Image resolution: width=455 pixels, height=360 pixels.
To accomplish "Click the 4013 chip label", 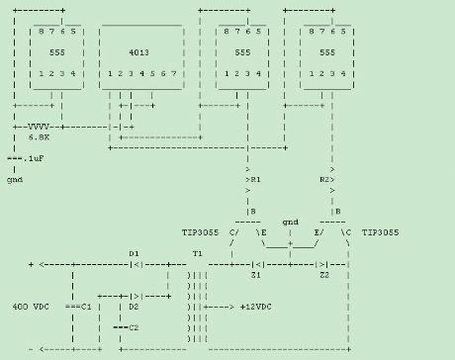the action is (x=139, y=51).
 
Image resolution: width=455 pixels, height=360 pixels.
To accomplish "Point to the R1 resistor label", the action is (x=256, y=182).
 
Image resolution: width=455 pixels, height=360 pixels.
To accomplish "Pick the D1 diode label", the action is (x=134, y=254).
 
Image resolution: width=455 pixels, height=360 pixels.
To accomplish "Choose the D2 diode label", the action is (x=134, y=307).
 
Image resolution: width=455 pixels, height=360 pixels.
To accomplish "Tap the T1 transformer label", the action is (x=198, y=254).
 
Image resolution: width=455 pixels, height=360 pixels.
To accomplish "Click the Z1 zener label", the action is (x=256, y=275).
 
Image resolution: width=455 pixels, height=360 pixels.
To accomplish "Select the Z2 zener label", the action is (x=322, y=275).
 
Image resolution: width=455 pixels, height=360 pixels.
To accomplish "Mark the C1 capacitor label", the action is (x=86, y=307).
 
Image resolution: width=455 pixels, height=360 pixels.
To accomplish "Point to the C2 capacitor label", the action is (x=134, y=327).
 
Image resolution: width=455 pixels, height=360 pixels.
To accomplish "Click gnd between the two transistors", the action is (x=290, y=224).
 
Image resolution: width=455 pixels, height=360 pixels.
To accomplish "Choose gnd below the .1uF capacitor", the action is (x=15, y=180).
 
